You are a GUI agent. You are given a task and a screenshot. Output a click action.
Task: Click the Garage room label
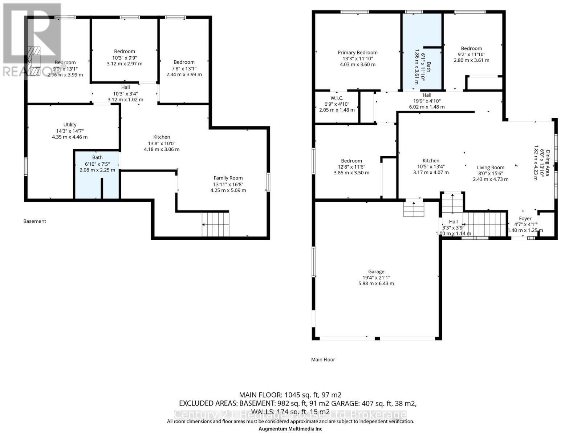(376, 271)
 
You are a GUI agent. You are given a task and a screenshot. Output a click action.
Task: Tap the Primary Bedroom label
(357, 53)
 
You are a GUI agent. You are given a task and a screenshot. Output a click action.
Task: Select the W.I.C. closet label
(337, 98)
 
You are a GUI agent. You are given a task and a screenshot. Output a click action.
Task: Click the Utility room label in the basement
(70, 125)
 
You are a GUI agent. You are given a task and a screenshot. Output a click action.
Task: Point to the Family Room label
(228, 178)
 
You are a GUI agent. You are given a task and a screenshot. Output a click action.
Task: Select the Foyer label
(525, 218)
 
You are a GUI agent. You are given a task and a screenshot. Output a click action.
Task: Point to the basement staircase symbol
(216, 224)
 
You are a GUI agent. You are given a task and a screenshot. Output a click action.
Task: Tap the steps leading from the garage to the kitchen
(414, 209)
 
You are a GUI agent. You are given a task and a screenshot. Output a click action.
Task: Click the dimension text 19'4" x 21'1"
(376, 278)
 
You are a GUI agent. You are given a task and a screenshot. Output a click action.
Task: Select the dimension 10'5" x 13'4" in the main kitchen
(431, 166)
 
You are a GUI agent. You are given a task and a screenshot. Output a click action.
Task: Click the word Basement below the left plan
(35, 221)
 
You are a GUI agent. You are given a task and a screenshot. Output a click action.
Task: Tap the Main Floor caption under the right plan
(323, 359)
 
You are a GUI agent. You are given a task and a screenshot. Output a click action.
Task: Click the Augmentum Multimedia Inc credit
(290, 429)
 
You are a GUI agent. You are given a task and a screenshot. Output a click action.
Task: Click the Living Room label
(490, 167)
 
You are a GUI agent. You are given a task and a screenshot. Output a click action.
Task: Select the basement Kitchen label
(162, 137)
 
